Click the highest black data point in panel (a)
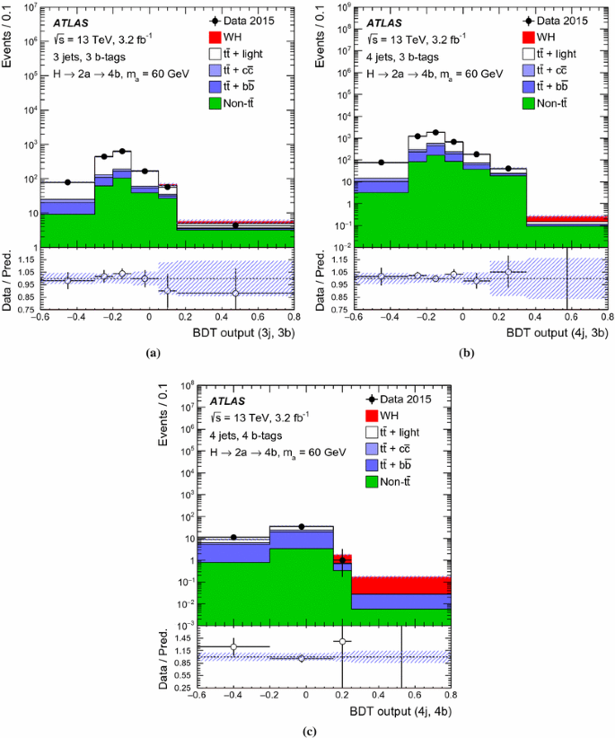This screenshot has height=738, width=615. [x=121, y=152]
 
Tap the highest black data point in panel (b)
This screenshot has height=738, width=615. [x=435, y=132]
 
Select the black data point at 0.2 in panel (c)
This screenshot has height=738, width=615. [x=342, y=560]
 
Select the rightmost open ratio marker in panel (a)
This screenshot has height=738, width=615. [x=236, y=293]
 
